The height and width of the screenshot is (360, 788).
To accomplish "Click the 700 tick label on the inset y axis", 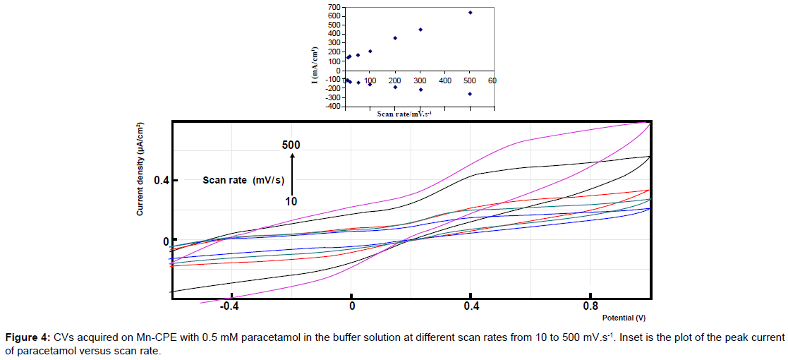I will (332, 6).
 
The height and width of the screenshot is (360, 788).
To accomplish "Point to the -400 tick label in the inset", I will (331, 107).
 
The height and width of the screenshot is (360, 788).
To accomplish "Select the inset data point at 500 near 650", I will (470, 13).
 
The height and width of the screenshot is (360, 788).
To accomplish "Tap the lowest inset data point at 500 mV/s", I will (470, 94).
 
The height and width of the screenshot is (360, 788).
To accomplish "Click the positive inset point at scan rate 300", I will (420, 30).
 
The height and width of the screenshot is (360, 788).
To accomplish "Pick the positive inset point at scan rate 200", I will (395, 38).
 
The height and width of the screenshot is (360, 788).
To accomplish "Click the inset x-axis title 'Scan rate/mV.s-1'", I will (404, 114).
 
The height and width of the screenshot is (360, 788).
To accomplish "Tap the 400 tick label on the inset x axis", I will (444, 81).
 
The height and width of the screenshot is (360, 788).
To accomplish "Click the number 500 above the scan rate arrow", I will (291, 145).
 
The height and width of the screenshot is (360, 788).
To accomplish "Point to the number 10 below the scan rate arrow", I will (291, 201).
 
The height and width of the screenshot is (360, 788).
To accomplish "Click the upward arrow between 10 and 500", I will (291, 173).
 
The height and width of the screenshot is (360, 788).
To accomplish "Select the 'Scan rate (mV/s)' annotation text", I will (243, 180).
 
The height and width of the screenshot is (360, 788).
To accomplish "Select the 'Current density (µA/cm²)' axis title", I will (140, 169).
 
